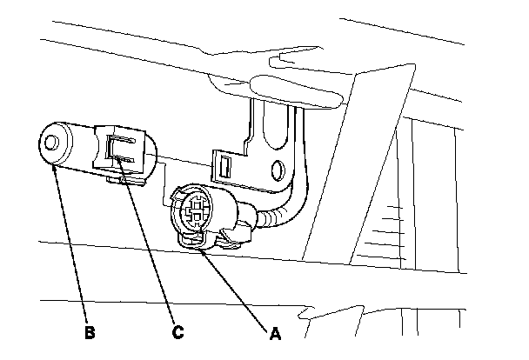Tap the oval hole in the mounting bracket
click(x=278, y=169)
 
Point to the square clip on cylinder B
click(x=122, y=148)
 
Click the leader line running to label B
click(x=71, y=243)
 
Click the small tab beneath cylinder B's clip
click(x=116, y=180)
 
